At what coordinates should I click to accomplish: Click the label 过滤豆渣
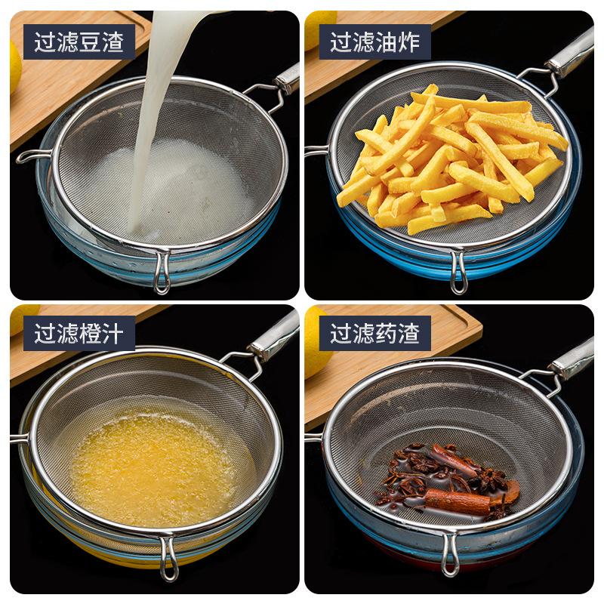pos(79,42)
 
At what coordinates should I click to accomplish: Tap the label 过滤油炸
pos(374,42)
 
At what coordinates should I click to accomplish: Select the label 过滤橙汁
pos(79,333)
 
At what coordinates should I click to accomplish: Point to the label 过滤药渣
pos(374,333)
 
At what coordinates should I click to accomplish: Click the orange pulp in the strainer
pos(151,461)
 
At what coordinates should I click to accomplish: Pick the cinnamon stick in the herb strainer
pos(457,500)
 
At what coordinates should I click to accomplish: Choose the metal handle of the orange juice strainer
pos(276,337)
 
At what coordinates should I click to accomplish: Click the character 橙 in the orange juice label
pos(90,333)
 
